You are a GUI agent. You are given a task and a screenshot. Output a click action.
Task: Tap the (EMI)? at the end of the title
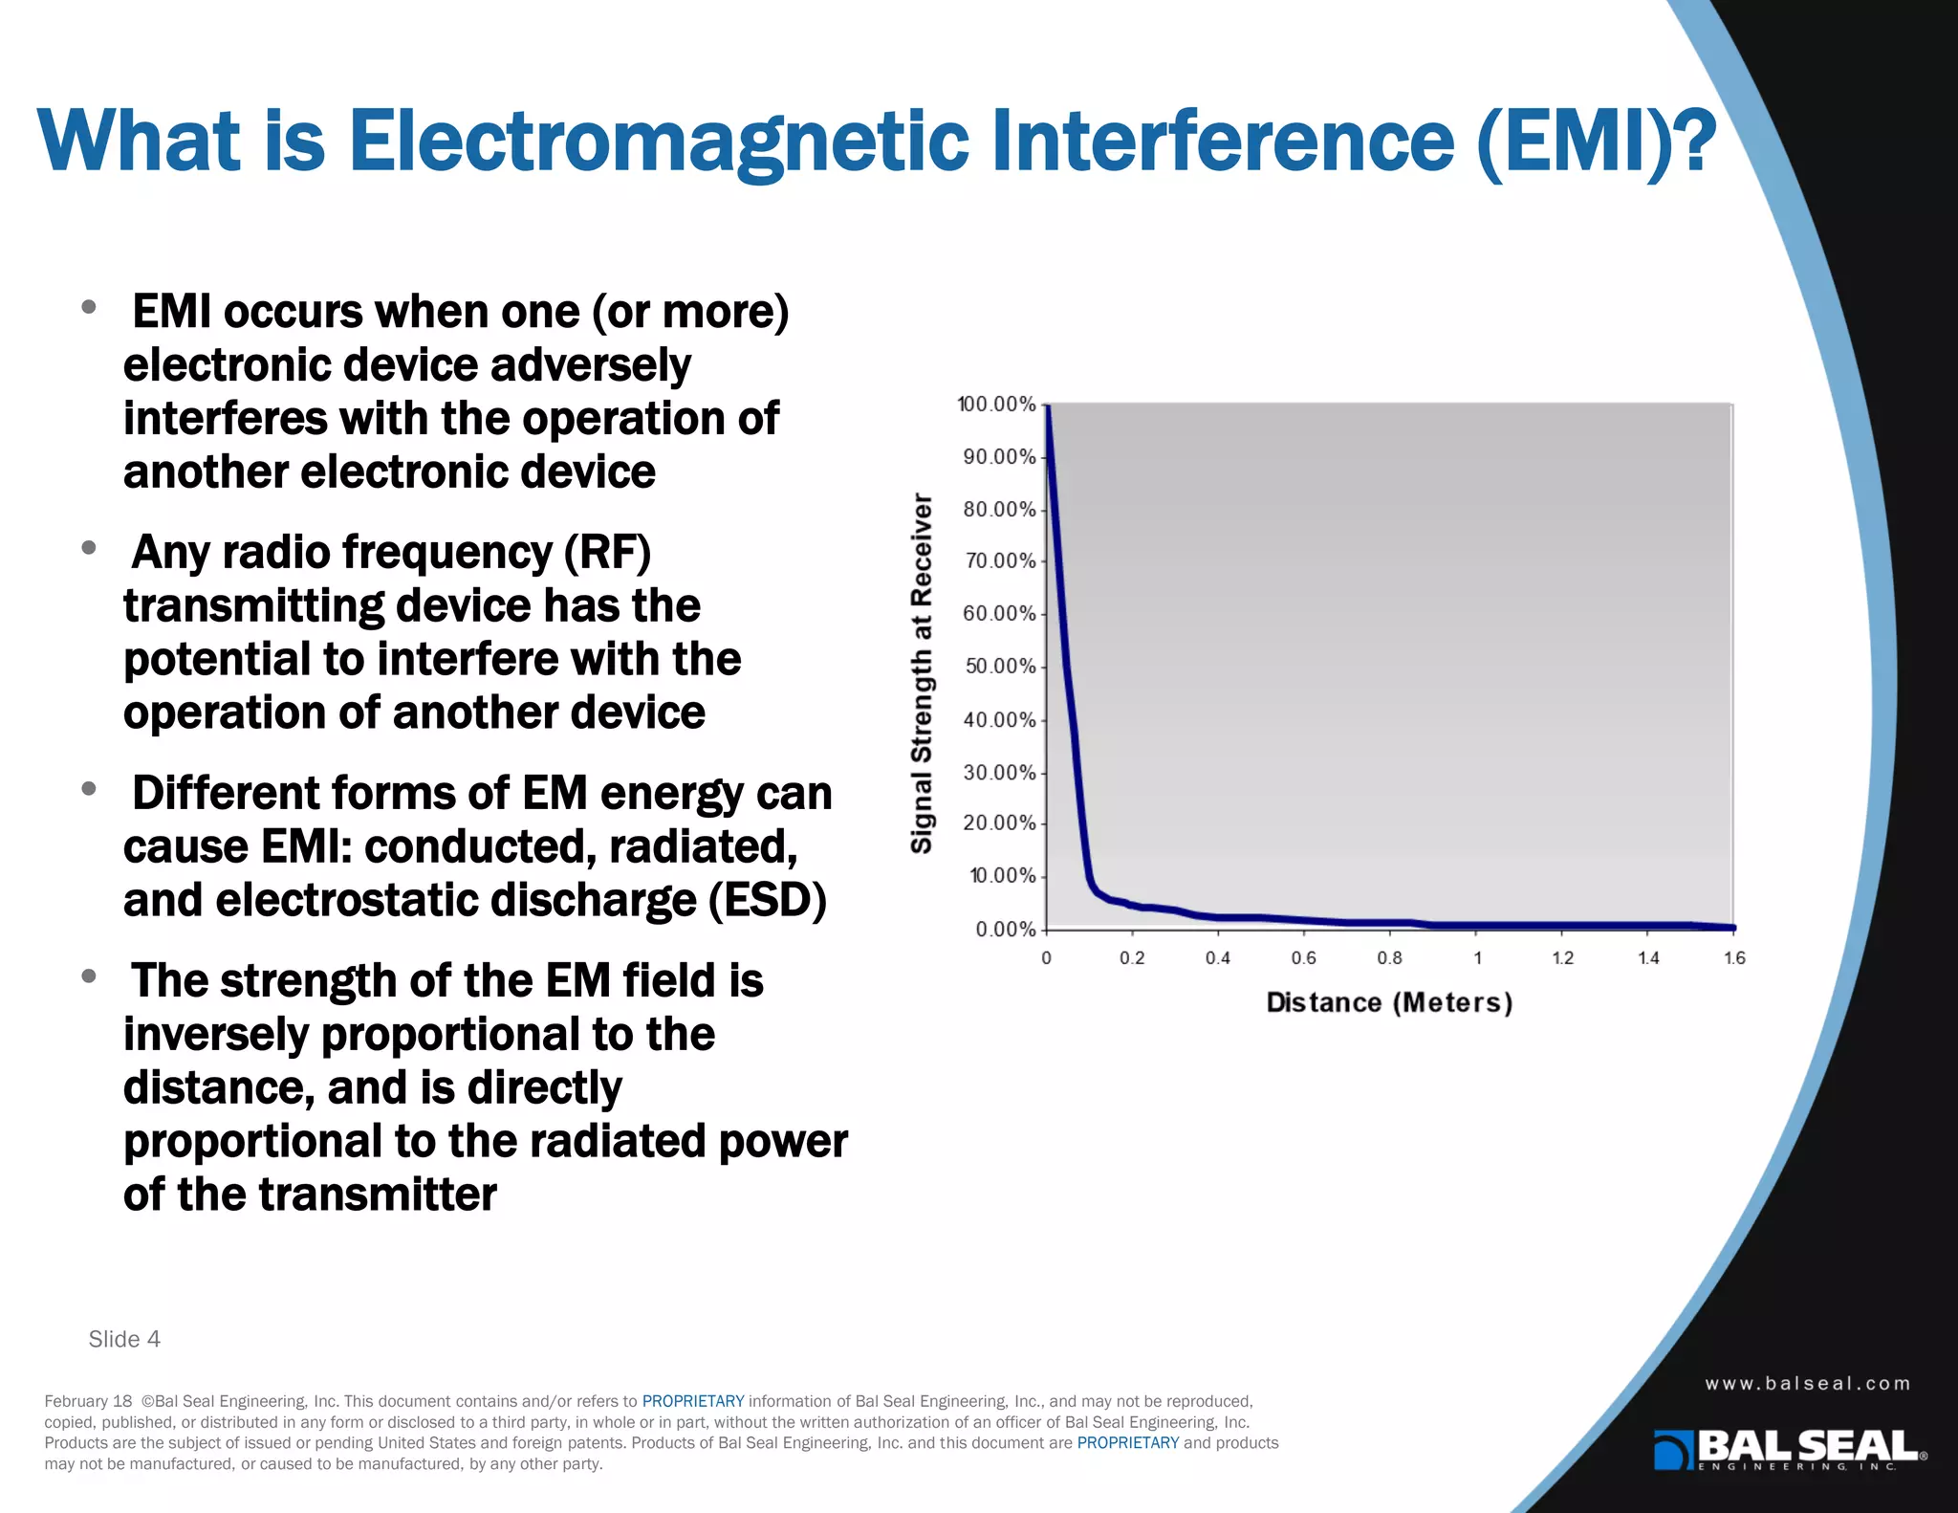(1596, 142)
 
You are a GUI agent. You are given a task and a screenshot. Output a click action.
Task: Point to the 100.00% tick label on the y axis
(996, 405)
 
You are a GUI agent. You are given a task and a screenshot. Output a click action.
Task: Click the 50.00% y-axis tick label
(1000, 666)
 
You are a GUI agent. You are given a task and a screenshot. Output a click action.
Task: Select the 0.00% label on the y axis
(1005, 929)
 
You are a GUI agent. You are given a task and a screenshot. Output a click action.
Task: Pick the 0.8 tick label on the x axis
(1389, 958)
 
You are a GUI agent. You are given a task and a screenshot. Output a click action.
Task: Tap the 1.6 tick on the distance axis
(1734, 958)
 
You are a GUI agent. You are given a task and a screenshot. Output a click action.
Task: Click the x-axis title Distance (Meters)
(1389, 1002)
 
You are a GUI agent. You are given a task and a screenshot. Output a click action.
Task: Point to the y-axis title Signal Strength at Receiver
(922, 673)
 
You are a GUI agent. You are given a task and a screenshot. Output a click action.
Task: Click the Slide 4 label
(124, 1339)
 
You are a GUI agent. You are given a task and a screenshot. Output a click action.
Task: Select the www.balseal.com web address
(1807, 1383)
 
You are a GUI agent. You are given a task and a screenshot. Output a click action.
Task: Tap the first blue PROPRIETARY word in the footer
(692, 1401)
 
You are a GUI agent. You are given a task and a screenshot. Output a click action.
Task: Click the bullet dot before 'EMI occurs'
(89, 307)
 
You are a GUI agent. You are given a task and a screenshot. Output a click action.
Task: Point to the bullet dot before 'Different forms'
(89, 789)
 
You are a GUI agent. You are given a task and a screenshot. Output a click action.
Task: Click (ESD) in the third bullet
(768, 900)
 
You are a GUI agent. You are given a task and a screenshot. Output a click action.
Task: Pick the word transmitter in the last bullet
(378, 1195)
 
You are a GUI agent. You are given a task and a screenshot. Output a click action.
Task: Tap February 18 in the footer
(88, 1401)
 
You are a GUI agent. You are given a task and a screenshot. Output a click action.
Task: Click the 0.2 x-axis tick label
(1132, 958)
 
